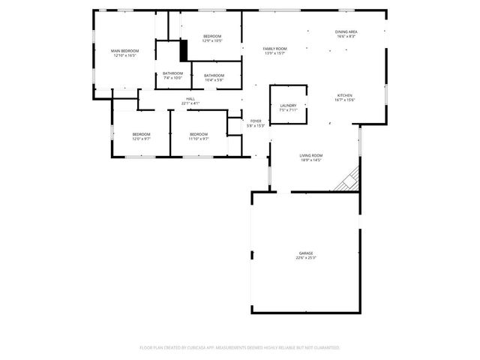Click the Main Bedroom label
[x=124, y=50]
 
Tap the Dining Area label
[x=346, y=31]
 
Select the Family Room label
[x=274, y=48]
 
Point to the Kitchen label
[x=344, y=95]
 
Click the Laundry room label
[x=288, y=106]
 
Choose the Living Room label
[x=310, y=154]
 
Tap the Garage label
[x=306, y=253]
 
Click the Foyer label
[x=256, y=121]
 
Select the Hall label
[x=190, y=98]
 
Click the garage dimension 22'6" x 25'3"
[x=306, y=258]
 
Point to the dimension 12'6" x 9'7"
[x=142, y=139]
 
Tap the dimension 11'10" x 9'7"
[x=198, y=139]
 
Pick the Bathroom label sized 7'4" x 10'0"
[x=172, y=77]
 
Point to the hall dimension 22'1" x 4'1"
[x=190, y=103]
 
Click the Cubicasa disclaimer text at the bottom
[x=240, y=347]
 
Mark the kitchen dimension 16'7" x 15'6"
[x=344, y=100]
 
